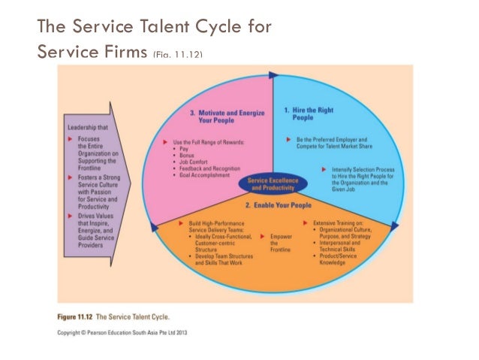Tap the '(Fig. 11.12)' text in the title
(178, 53)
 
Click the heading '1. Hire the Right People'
(309, 113)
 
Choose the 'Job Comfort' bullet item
(188, 162)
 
